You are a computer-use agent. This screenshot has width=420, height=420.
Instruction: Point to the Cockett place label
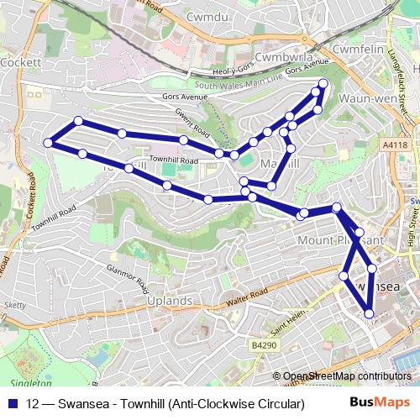tap(16, 62)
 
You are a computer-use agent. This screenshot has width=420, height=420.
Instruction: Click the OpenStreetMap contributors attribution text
tap(347, 376)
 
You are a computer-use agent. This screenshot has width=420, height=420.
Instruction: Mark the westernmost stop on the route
tap(48, 144)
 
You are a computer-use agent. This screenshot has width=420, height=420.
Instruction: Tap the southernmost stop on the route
tap(369, 314)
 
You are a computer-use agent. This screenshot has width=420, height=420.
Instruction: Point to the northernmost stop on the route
tap(323, 82)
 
